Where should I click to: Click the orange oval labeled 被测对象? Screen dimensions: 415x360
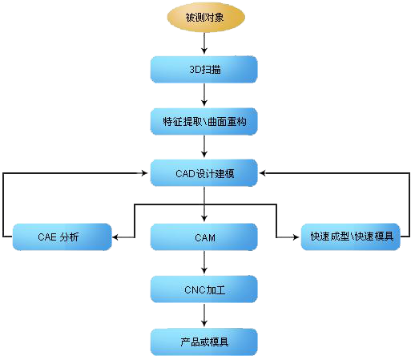206,17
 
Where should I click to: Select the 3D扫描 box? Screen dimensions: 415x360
204,70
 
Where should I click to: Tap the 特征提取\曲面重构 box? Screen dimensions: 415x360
204,122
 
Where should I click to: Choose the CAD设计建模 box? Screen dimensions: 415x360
204,173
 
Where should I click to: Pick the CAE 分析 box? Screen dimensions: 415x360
62,237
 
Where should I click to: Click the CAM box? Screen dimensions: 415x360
204,237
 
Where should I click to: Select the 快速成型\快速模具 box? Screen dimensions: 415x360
351,237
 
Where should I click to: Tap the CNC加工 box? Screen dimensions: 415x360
204,289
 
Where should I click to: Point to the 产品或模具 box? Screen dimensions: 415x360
204,342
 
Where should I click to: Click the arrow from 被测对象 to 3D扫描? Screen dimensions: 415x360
204,43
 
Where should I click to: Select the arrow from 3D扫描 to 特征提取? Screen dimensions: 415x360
204,95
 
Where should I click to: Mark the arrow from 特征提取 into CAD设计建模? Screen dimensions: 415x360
204,147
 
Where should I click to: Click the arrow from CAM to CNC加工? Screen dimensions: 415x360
204,262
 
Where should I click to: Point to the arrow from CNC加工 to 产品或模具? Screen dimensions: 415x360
204,315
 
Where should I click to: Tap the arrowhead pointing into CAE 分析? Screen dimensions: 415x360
115,237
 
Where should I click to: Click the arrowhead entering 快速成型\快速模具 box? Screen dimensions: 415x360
296,237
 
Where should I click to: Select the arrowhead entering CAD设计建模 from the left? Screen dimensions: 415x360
144,173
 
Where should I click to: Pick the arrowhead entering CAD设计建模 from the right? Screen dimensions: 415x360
263,173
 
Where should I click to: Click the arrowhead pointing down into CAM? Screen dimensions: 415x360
204,218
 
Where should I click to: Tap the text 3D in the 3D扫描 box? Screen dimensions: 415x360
195,70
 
